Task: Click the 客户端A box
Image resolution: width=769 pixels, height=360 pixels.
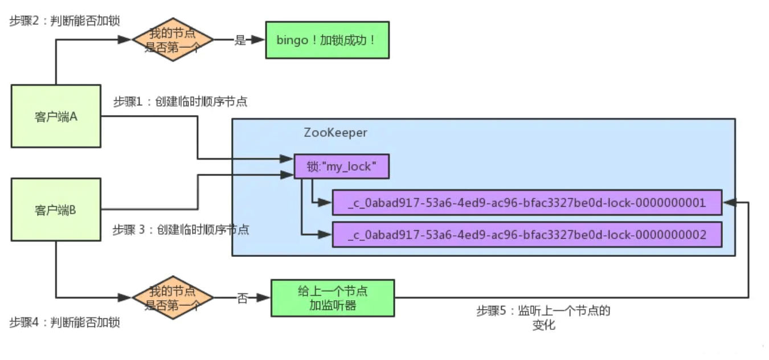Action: click(56, 116)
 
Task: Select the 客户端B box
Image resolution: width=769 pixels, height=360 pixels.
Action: click(56, 210)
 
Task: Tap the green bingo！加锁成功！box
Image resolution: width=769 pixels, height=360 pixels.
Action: click(327, 40)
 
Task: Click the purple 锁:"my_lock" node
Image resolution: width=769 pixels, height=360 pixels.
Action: click(341, 166)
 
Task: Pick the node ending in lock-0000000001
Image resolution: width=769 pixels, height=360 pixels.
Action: click(527, 202)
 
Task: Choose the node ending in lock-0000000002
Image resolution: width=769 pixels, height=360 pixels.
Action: click(527, 235)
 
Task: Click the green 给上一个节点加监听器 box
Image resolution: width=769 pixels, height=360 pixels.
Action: click(333, 298)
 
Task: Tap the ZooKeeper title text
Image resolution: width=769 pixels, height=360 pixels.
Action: click(336, 133)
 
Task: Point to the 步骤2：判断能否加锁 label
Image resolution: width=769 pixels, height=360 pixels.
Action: click(64, 21)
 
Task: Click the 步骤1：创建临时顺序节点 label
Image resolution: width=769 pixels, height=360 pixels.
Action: click(180, 101)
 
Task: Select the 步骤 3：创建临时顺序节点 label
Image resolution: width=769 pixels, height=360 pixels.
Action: click(181, 230)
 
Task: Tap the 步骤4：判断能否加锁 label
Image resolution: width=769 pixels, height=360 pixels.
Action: click(64, 322)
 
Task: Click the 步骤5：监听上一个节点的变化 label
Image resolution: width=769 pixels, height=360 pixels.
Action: click(543, 317)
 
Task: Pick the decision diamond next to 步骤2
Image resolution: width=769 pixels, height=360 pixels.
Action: click(173, 39)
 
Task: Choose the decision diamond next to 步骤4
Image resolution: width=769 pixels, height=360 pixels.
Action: click(173, 297)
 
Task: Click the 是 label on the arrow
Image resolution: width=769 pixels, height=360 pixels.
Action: click(240, 40)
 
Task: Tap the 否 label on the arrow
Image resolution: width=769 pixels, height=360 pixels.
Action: click(242, 298)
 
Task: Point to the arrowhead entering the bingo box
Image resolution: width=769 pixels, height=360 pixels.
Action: click(258, 40)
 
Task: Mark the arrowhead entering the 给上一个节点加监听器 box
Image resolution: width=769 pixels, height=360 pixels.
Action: click(263, 297)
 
